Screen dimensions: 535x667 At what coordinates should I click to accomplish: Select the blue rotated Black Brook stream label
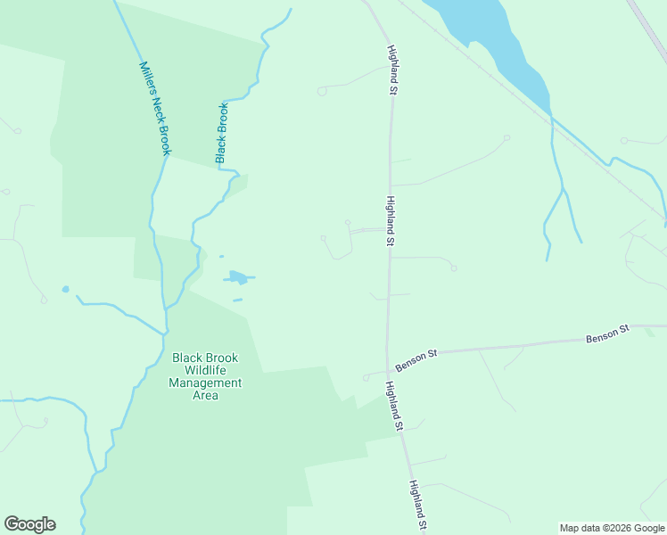click(222, 133)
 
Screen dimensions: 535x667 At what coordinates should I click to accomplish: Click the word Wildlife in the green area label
click(205, 371)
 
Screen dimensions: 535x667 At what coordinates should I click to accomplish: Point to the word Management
click(205, 383)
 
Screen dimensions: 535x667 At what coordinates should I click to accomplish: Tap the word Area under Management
click(205, 396)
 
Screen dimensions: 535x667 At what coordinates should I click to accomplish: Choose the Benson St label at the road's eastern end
click(607, 334)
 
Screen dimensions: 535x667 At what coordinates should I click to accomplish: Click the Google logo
click(29, 524)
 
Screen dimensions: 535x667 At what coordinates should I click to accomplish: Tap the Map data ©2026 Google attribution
click(612, 528)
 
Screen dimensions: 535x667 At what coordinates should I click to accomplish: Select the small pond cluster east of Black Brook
click(237, 277)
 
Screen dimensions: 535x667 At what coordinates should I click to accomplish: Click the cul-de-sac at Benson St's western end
click(366, 378)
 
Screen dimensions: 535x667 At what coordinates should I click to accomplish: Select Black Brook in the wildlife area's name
click(205, 358)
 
